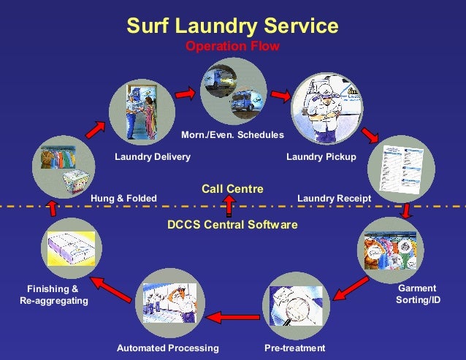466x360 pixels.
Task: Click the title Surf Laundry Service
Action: (x=232, y=26)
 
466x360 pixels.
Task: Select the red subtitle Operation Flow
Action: (x=232, y=47)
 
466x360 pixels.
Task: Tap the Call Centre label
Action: (x=232, y=189)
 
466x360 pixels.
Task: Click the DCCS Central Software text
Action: (x=232, y=224)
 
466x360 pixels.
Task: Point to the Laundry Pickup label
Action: (x=321, y=157)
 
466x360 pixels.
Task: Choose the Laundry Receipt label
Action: (x=335, y=198)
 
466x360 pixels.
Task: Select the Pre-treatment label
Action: (x=294, y=348)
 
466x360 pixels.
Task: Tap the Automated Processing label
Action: (x=168, y=348)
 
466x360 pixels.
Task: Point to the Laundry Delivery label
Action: (x=153, y=157)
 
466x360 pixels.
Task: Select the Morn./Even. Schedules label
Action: (x=232, y=135)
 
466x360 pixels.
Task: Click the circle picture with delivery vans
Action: (x=233, y=91)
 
